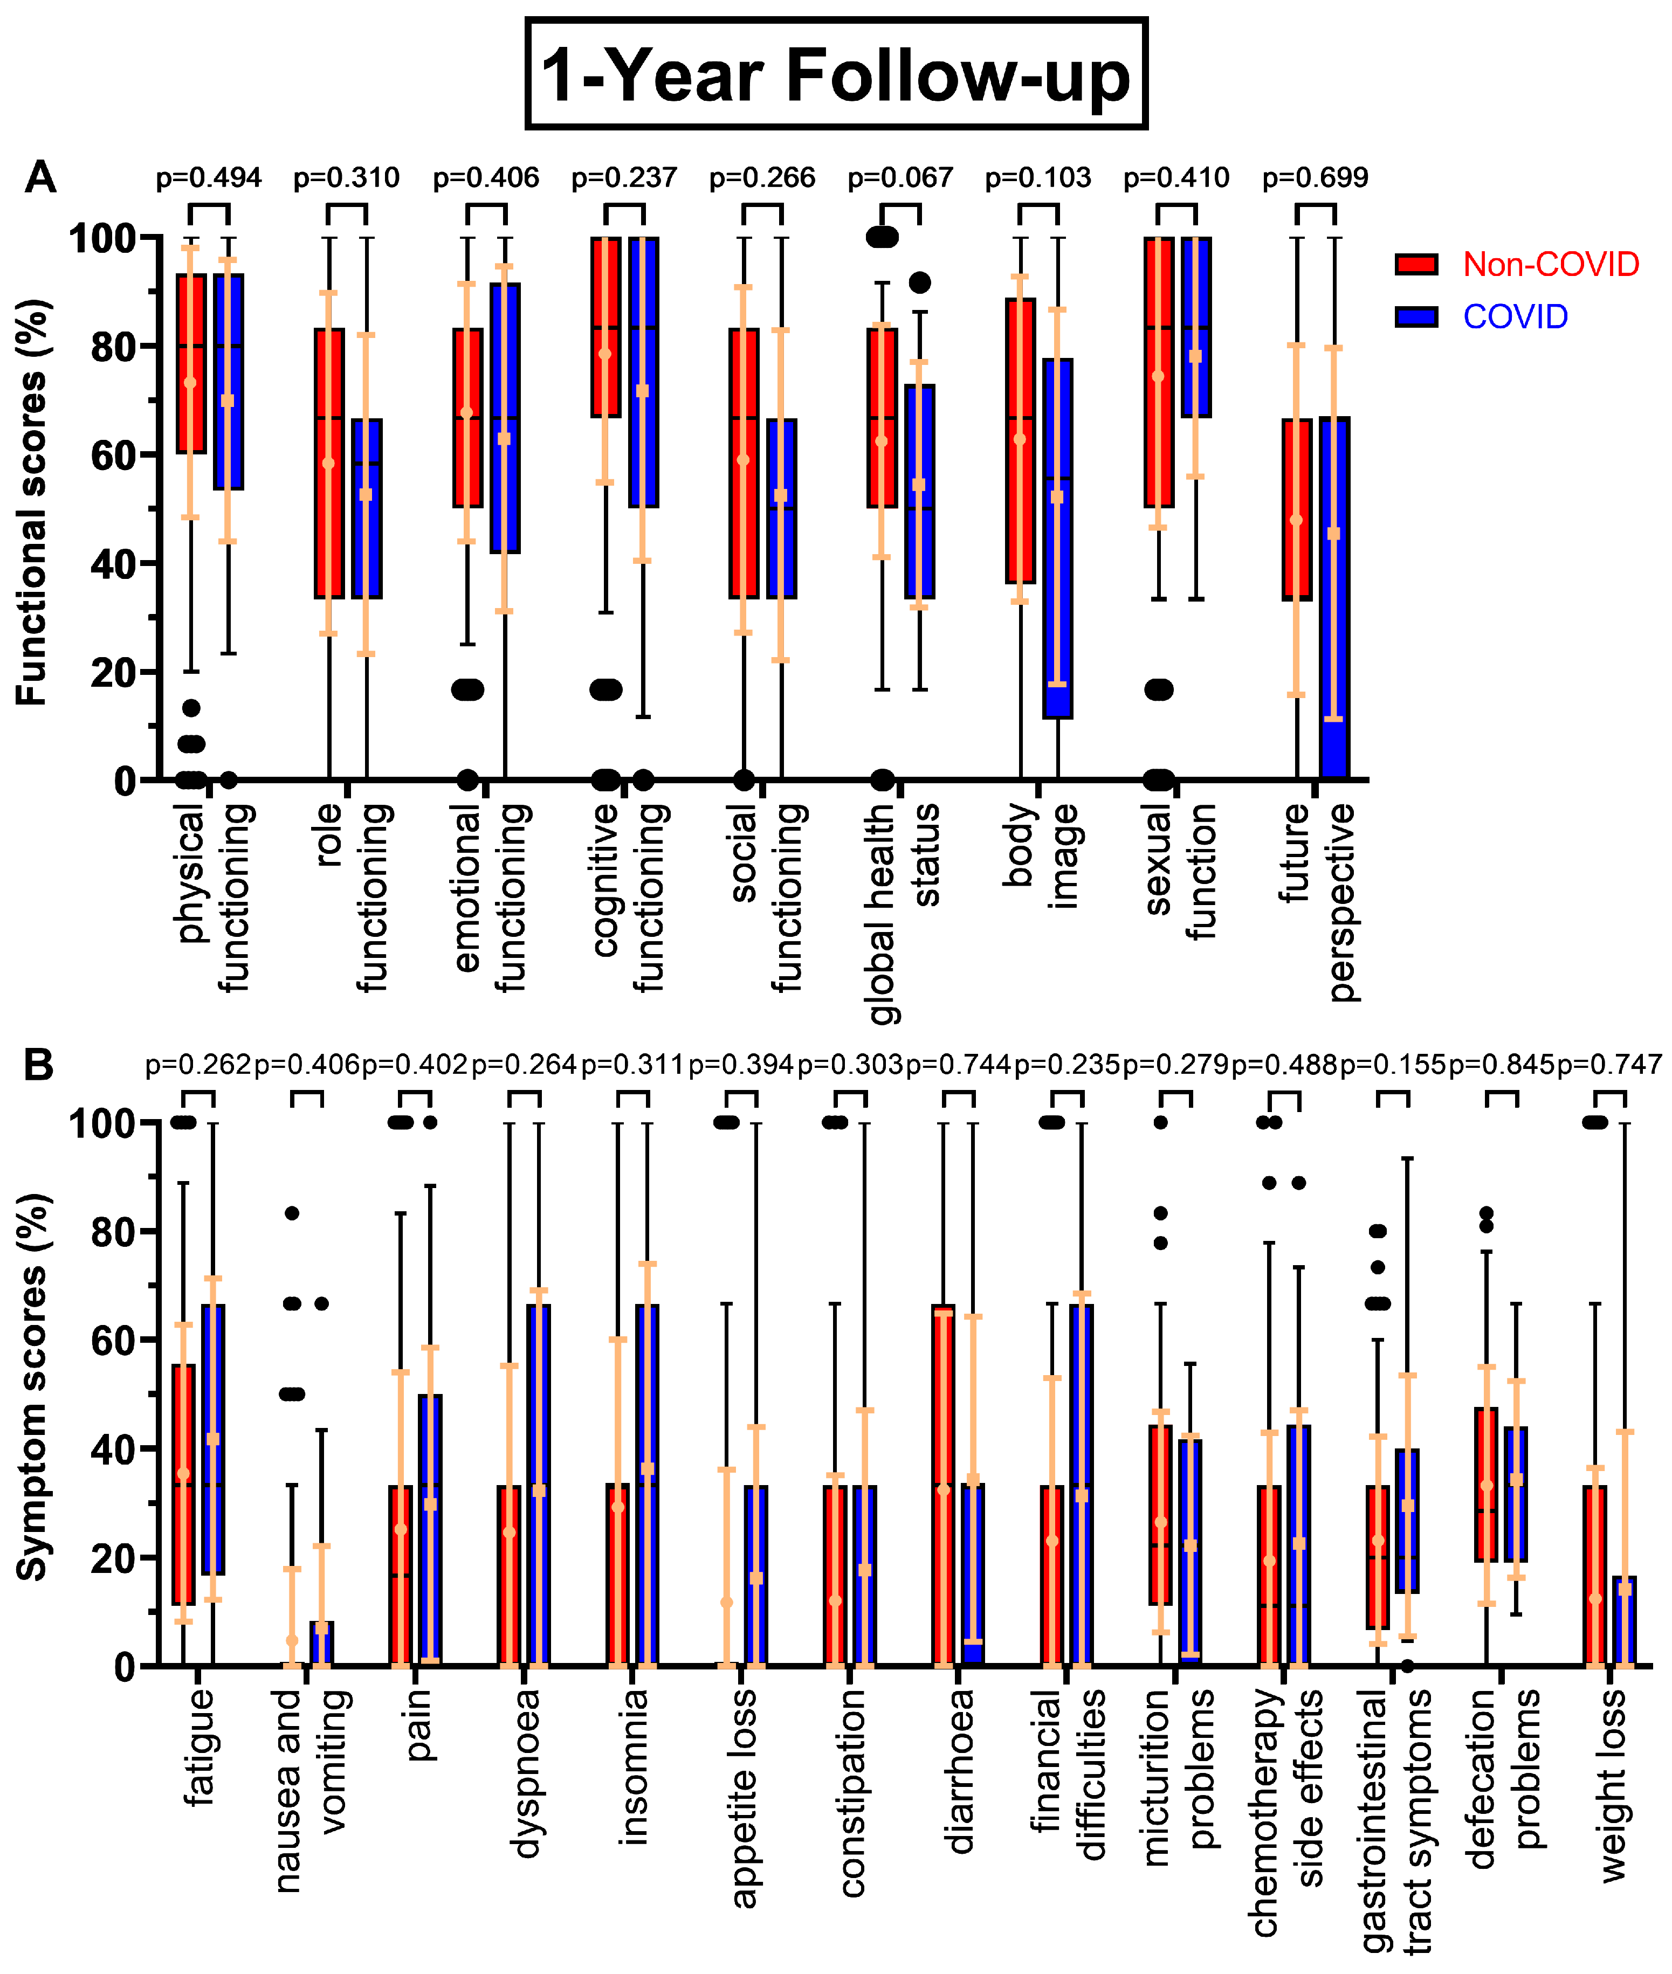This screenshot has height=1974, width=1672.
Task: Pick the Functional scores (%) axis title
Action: click(x=31, y=502)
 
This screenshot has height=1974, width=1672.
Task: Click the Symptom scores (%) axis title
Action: click(x=31, y=1389)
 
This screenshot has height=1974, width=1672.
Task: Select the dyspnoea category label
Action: click(x=524, y=1772)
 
